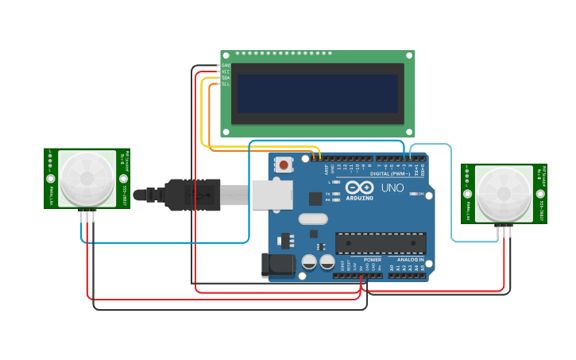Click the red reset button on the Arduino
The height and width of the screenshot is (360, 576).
[284, 165]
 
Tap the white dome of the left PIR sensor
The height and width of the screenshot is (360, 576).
[87, 178]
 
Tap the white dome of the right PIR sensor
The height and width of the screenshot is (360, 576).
[504, 194]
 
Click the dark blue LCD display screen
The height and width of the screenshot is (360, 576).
[317, 94]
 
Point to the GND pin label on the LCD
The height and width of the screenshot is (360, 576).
[226, 65]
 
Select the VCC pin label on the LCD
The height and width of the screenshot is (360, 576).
[226, 72]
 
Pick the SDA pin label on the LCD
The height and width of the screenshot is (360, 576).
[226, 78]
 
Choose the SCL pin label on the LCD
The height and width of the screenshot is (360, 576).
[226, 84]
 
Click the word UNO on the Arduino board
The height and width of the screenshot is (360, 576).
[393, 188]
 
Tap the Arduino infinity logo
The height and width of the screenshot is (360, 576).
[359, 188]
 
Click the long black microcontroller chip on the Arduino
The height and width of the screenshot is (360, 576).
[380, 244]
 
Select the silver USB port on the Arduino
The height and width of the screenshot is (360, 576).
[273, 195]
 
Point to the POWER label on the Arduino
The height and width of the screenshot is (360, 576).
[372, 260]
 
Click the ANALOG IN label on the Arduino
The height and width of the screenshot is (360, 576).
[409, 260]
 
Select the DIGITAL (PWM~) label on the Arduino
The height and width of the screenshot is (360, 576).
[389, 173]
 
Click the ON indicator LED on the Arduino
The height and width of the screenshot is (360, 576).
[413, 193]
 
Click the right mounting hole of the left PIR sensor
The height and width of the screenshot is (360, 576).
[123, 179]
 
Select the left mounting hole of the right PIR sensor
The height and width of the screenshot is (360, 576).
[468, 194]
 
